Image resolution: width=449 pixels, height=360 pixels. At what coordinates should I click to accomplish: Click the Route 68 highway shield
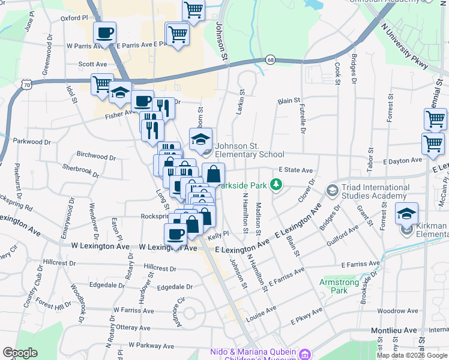tap(271, 60)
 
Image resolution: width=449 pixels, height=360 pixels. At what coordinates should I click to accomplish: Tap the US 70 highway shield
tap(26, 86)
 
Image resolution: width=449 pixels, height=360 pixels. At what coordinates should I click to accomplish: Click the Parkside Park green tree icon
tap(276, 184)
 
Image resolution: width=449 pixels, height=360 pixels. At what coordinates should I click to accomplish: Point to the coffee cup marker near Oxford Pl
tap(104, 34)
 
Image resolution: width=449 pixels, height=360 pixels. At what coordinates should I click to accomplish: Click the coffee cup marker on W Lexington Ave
tap(176, 234)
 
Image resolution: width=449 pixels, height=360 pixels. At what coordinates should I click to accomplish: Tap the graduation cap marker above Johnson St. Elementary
tap(200, 140)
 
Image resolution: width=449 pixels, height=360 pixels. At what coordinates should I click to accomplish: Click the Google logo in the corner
tap(20, 353)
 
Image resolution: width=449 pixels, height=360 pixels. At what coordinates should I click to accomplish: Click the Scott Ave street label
tap(92, 64)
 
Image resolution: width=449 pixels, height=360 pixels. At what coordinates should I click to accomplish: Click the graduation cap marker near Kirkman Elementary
tap(406, 214)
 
